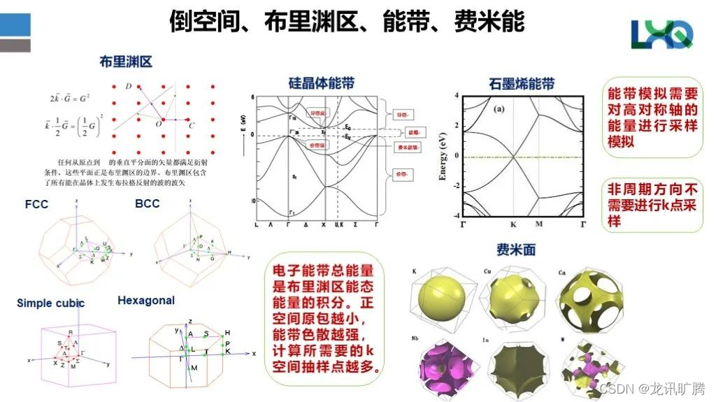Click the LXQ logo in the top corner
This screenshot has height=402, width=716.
(x=661, y=34)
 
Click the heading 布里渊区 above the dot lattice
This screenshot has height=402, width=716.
(x=126, y=62)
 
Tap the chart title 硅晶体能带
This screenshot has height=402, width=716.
(x=322, y=83)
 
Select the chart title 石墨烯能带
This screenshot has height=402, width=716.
(x=522, y=85)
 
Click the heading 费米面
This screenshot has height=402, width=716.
(x=516, y=250)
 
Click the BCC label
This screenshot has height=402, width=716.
(x=147, y=203)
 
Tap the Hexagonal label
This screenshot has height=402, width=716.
(x=146, y=301)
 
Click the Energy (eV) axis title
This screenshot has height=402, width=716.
(x=443, y=156)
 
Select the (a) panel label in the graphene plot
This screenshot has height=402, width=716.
(x=500, y=109)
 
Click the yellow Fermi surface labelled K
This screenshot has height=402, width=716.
(x=441, y=298)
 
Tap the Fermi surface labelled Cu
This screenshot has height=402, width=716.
(x=513, y=298)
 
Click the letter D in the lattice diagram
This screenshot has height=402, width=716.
(x=128, y=86)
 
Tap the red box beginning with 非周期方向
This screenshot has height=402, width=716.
(x=652, y=203)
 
